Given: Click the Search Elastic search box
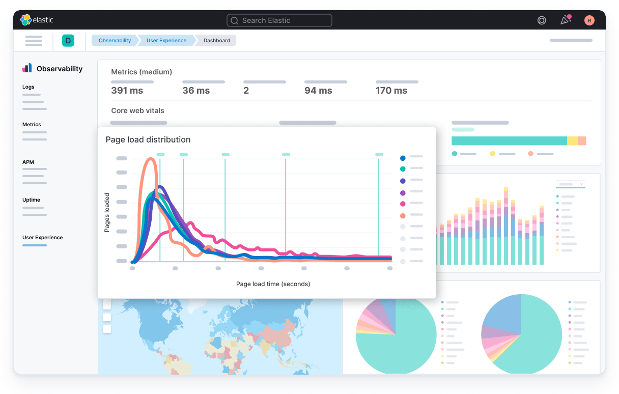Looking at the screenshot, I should click(x=279, y=20).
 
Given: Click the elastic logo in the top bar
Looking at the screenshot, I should click(x=37, y=20).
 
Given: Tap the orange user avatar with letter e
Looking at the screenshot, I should click(x=589, y=20).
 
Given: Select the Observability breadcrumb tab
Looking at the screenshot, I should click(x=115, y=41).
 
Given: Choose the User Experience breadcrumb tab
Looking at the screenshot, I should click(x=166, y=41).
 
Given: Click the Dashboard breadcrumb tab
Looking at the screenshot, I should click(x=216, y=41).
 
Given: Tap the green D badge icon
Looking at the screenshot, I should click(x=68, y=41).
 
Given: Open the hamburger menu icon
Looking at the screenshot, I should click(x=34, y=41).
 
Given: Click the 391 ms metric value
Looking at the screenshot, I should click(x=127, y=91).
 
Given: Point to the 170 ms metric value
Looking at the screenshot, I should click(x=391, y=91).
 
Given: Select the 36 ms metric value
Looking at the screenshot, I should click(x=196, y=91).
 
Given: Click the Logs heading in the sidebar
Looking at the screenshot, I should click(x=29, y=87).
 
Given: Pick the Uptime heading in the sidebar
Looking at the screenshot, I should click(x=31, y=200).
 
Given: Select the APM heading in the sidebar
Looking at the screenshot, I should click(x=28, y=162).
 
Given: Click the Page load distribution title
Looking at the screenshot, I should click(x=148, y=139).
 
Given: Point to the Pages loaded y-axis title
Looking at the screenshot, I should click(x=107, y=212).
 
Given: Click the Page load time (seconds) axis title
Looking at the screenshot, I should click(x=273, y=284).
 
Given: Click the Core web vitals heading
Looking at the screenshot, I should click(x=137, y=110).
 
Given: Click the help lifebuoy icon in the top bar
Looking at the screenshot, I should click(x=542, y=20).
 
